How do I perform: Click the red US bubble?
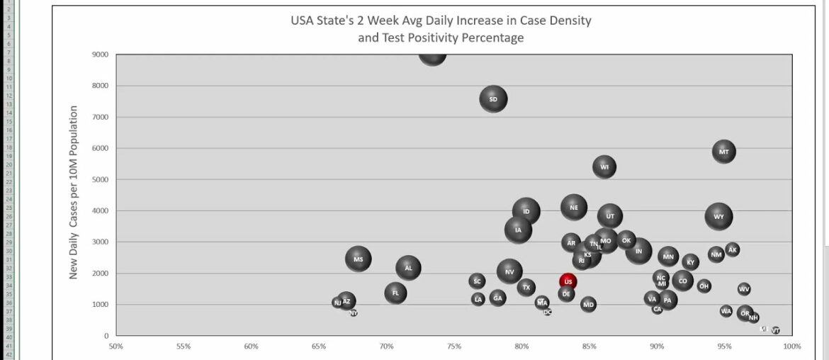pyautogui.click(x=568, y=281)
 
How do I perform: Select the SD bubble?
pyautogui.click(x=493, y=99)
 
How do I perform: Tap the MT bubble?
pyautogui.click(x=723, y=152)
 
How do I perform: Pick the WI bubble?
pyautogui.click(x=604, y=167)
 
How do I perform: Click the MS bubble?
pyautogui.click(x=359, y=259)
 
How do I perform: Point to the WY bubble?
pyautogui.click(x=719, y=217)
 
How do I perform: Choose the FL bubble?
pyautogui.click(x=395, y=293)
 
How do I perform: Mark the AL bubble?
pyautogui.click(x=408, y=268)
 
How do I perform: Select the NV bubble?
pyautogui.click(x=509, y=271)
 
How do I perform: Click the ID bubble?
pyautogui.click(x=526, y=211)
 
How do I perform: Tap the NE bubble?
pyautogui.click(x=574, y=208)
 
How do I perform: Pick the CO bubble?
pyautogui.click(x=682, y=281)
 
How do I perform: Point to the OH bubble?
pyautogui.click(x=704, y=286)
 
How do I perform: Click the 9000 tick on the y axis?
pyautogui.click(x=100, y=55)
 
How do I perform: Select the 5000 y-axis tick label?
pyautogui.click(x=100, y=179)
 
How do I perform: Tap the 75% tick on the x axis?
pyautogui.click(x=453, y=347)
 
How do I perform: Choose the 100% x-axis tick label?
pyautogui.click(x=791, y=347)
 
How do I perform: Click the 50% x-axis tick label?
pyautogui.click(x=115, y=347)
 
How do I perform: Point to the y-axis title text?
pyautogui.click(x=73, y=192)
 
